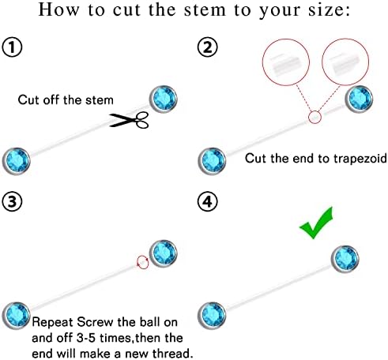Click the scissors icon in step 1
(x=129, y=120)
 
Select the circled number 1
(x=12, y=47)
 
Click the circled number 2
(x=208, y=47)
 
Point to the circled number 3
(x=12, y=201)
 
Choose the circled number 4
(x=208, y=201)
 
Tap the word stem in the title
(x=205, y=10)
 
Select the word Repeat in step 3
(x=52, y=323)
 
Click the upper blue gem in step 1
(x=164, y=99)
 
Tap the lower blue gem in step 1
(x=17, y=161)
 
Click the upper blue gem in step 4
(x=345, y=259)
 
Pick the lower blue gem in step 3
(x=17, y=316)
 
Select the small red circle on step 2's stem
(x=315, y=117)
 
